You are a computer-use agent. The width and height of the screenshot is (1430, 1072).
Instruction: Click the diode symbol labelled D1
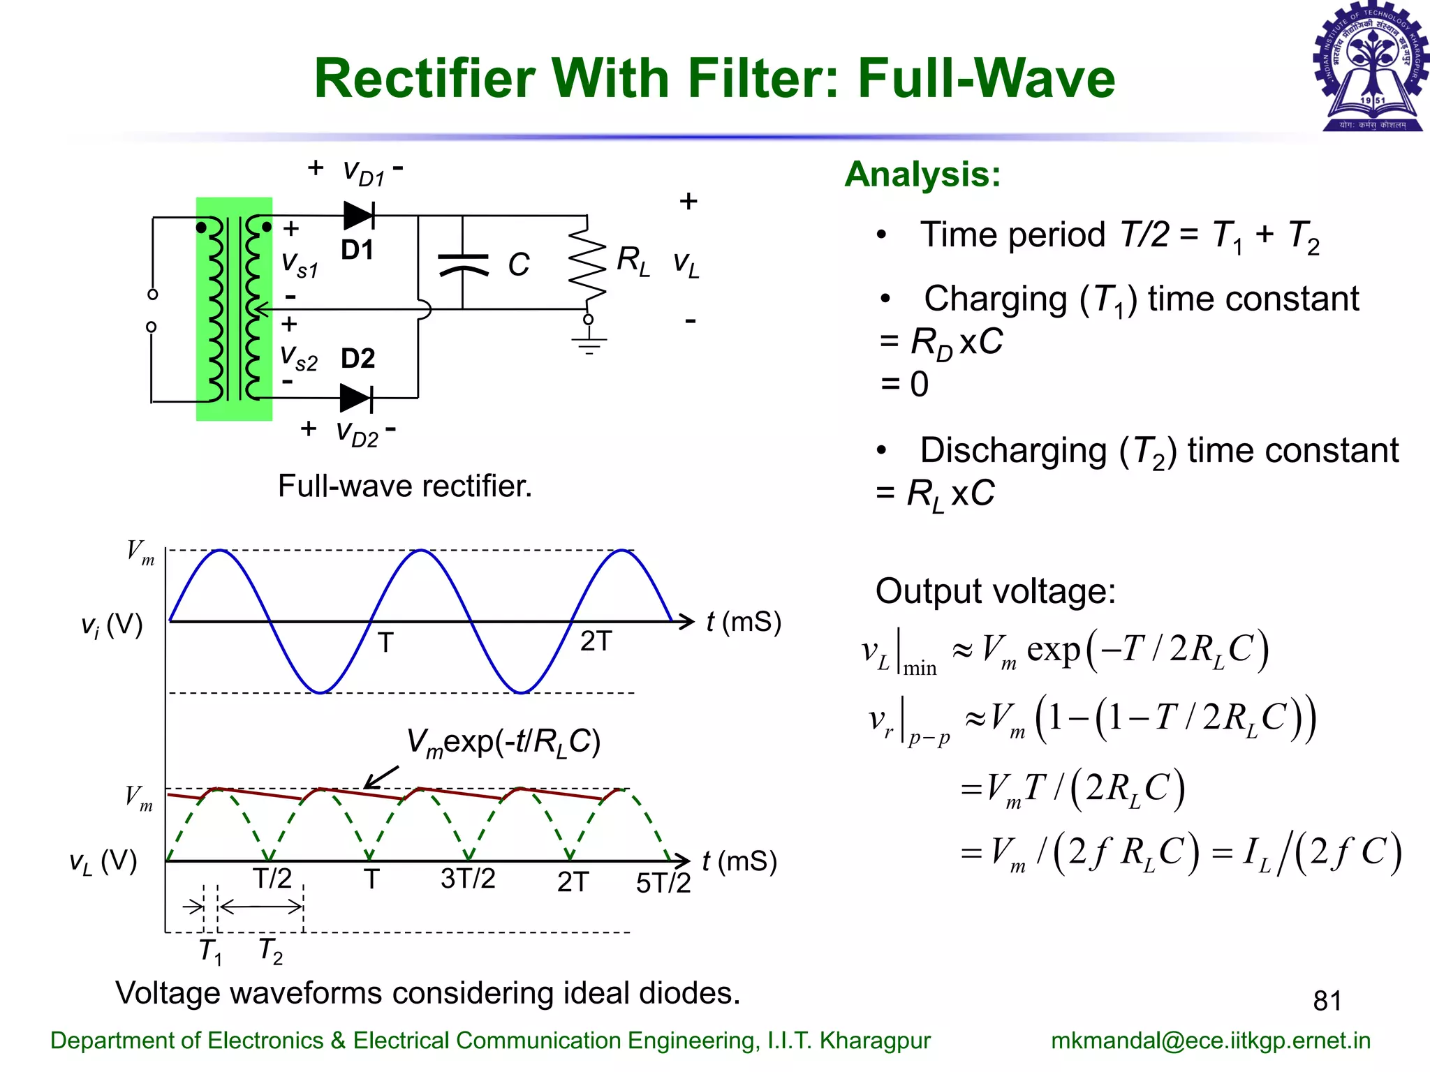(x=359, y=216)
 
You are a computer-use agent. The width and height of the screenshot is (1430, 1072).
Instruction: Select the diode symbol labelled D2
(x=355, y=398)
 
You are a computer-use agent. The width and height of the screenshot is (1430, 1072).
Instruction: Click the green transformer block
(x=234, y=308)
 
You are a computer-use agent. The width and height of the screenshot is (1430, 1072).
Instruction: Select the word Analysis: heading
(x=922, y=174)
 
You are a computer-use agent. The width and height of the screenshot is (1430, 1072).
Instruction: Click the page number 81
(x=1327, y=1001)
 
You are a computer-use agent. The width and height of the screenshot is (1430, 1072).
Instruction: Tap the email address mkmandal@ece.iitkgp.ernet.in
(x=1211, y=1041)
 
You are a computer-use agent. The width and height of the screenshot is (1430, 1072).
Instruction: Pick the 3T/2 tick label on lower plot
(x=468, y=879)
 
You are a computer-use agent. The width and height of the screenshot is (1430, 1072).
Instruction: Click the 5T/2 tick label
(x=663, y=883)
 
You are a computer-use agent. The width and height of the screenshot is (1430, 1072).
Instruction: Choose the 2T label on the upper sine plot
(x=596, y=641)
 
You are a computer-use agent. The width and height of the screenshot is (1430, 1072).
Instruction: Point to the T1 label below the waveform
(x=210, y=951)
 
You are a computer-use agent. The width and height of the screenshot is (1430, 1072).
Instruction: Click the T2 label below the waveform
(x=271, y=951)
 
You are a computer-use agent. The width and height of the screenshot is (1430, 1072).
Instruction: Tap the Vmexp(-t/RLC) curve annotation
(x=503, y=742)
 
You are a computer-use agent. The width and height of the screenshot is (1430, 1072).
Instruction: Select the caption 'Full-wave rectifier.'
(x=405, y=486)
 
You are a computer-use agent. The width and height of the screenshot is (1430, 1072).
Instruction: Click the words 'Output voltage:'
(x=996, y=591)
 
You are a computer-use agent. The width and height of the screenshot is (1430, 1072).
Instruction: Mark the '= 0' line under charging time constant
(x=905, y=385)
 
